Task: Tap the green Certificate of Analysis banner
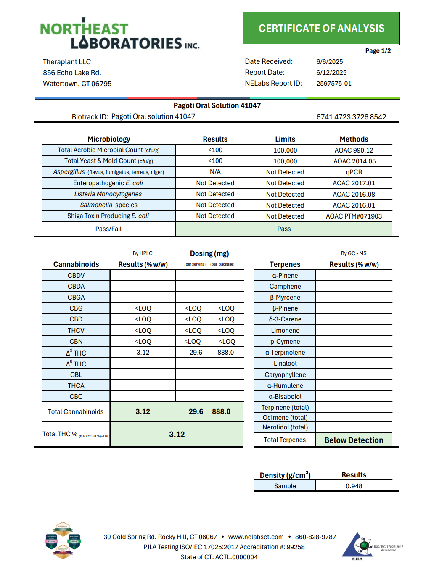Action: click(x=321, y=28)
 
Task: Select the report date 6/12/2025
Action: click(x=331, y=73)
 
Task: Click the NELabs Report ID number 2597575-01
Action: click(x=333, y=84)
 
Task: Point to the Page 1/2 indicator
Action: click(x=378, y=51)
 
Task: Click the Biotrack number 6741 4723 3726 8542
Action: click(x=351, y=117)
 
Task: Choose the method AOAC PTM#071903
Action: click(x=354, y=216)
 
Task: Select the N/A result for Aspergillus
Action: click(x=215, y=172)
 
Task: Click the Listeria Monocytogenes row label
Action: click(x=108, y=194)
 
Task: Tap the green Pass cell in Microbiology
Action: click(x=284, y=229)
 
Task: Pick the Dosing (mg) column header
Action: click(x=209, y=253)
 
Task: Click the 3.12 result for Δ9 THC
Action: click(x=143, y=353)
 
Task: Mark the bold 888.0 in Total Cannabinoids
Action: click(x=221, y=411)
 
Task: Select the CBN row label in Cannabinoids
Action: click(x=76, y=342)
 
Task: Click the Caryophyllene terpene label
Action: click(x=285, y=375)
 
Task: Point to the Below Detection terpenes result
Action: click(x=354, y=440)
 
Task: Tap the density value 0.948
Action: click(x=354, y=486)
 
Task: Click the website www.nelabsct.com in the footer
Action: click(x=256, y=537)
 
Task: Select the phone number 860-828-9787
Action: click(x=315, y=537)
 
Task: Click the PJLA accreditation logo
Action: click(x=359, y=546)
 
